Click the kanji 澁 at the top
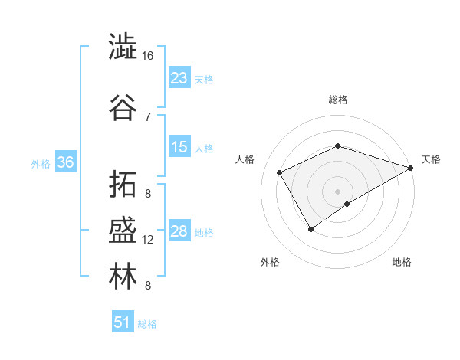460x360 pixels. click(123, 47)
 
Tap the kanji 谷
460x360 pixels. click(123, 108)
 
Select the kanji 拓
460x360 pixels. click(123, 185)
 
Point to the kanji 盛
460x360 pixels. click(123, 231)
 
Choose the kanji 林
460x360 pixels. click(123, 277)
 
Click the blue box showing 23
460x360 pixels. click(179, 78)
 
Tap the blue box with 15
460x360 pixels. click(179, 147)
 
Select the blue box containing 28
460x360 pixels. click(179, 231)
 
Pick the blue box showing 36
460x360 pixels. click(65, 162)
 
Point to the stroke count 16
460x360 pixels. click(148, 56)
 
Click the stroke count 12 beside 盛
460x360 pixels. click(148, 240)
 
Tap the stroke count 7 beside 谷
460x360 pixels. click(148, 116)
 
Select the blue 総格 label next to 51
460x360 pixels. click(147, 324)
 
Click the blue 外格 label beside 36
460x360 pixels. click(41, 163)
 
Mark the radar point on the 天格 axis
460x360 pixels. click(411, 169)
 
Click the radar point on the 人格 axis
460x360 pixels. click(279, 172)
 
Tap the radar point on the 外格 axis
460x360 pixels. click(311, 228)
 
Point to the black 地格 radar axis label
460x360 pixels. click(402, 262)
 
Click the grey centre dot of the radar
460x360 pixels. click(337, 191)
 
